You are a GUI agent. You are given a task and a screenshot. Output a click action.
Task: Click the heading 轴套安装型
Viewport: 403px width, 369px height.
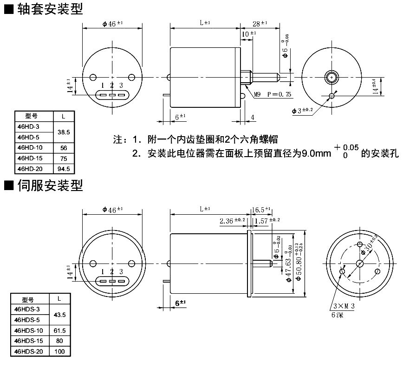(x=50, y=9)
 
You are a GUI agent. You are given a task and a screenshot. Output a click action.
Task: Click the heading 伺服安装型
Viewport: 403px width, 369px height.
(x=50, y=186)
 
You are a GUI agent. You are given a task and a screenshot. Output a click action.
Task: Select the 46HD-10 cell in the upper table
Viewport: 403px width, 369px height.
(x=30, y=148)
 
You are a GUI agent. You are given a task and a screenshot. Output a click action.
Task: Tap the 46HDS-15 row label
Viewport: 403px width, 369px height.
(x=28, y=341)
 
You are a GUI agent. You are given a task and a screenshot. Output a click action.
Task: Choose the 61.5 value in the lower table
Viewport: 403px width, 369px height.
(x=59, y=330)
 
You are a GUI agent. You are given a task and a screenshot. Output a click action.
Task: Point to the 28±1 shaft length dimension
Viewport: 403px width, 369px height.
(x=260, y=23)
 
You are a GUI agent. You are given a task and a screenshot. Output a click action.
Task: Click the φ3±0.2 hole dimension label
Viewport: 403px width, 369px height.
(x=303, y=110)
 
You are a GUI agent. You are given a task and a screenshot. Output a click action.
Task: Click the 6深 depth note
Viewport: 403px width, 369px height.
(x=337, y=315)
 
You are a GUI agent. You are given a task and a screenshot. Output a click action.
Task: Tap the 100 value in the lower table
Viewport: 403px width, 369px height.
(x=59, y=351)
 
